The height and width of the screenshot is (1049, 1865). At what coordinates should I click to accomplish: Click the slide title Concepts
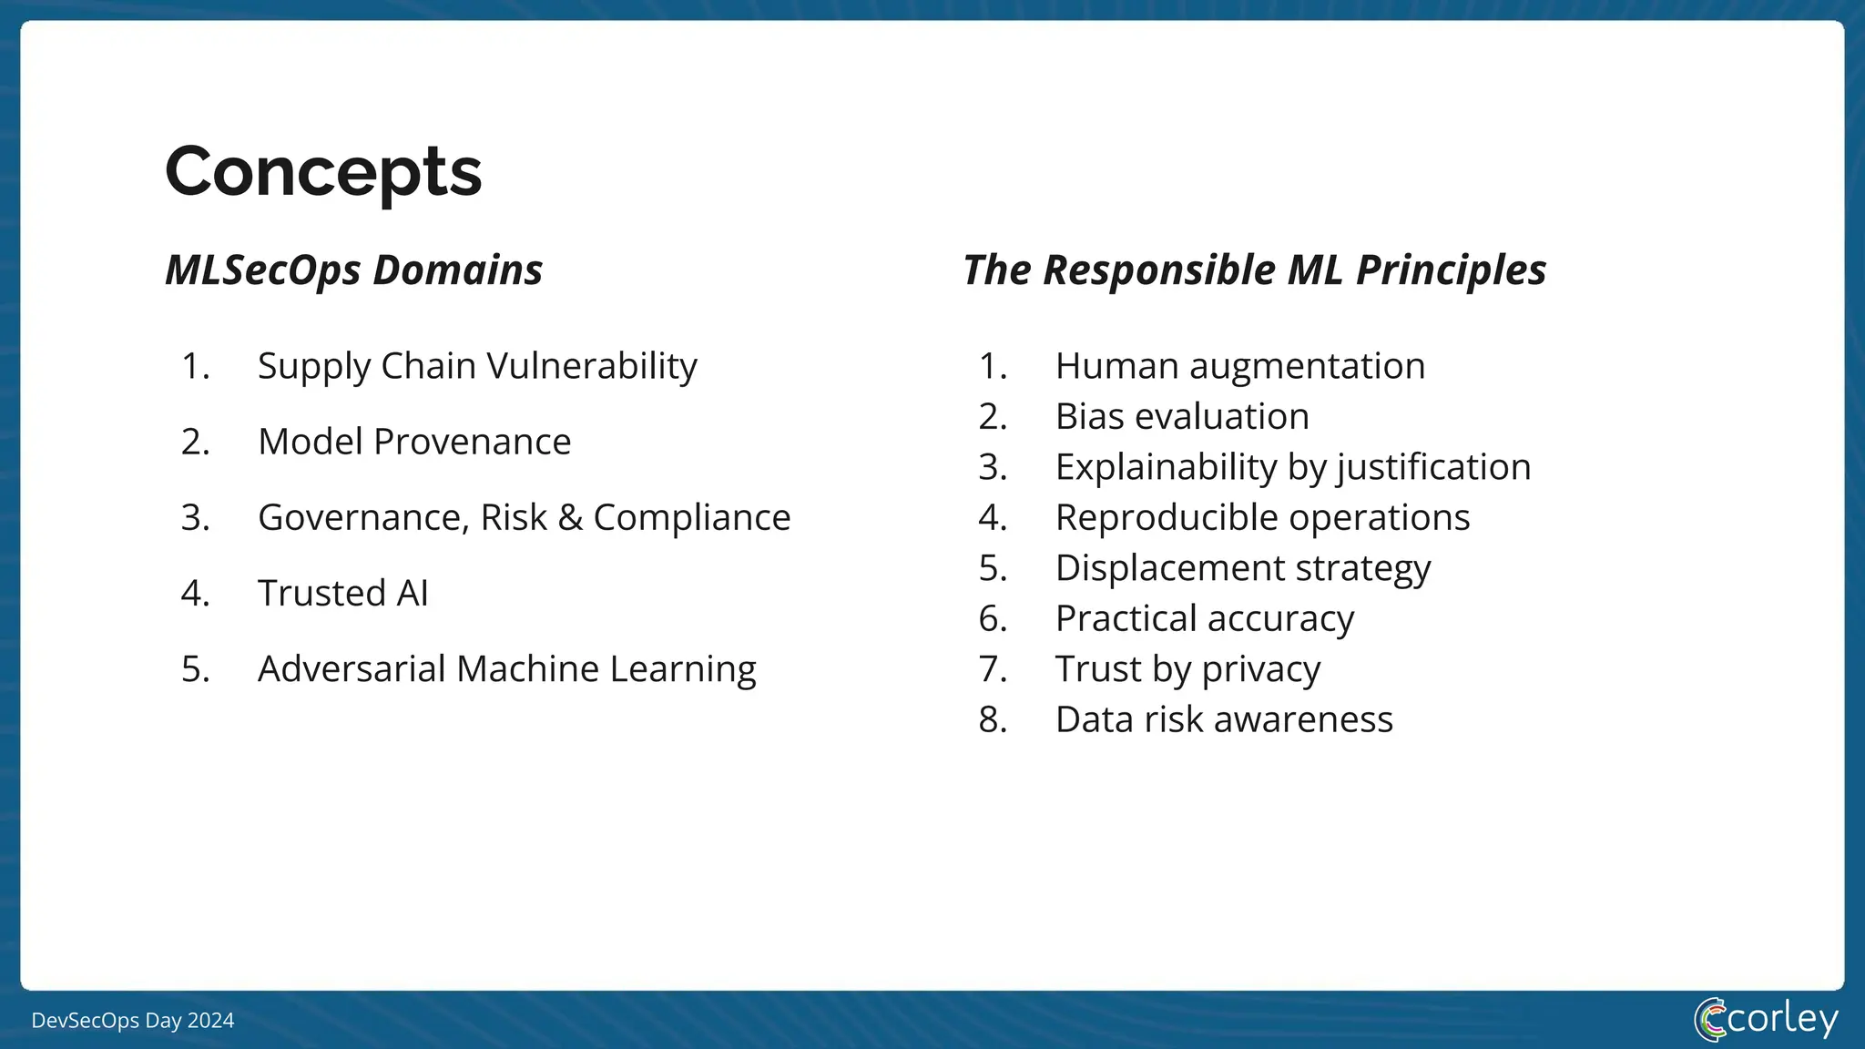pyautogui.click(x=323, y=171)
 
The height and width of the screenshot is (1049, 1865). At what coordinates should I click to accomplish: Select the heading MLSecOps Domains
pyautogui.click(x=353, y=270)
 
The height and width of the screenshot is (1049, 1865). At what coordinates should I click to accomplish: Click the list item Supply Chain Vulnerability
pyautogui.click(x=477, y=366)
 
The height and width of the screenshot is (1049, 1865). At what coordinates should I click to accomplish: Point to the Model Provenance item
pyautogui.click(x=414, y=442)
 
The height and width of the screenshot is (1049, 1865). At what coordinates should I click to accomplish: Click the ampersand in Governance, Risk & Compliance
pyautogui.click(x=570, y=517)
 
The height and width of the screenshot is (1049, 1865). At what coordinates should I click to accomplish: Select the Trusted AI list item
pyautogui.click(x=343, y=593)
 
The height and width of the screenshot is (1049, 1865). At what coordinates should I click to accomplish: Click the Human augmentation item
pyautogui.click(x=1239, y=366)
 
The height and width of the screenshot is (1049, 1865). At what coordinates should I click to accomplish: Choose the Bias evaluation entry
pyautogui.click(x=1182, y=416)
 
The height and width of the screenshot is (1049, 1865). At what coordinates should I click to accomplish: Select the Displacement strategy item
pyautogui.click(x=1243, y=568)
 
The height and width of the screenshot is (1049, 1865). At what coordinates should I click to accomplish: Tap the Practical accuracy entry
pyautogui.click(x=1204, y=618)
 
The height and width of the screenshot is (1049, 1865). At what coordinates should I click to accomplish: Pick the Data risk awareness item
pyautogui.click(x=1224, y=719)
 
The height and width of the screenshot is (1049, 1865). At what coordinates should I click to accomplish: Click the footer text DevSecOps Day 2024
pyautogui.click(x=133, y=1021)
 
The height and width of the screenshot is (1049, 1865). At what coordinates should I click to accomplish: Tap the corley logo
pyautogui.click(x=1766, y=1019)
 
